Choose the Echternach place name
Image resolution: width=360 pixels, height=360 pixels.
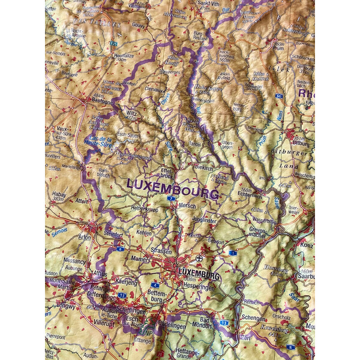[x=250, y=194]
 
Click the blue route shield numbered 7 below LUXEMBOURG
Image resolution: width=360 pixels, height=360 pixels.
[x=172, y=198]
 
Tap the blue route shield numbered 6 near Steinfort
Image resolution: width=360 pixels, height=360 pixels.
[x=120, y=248]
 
